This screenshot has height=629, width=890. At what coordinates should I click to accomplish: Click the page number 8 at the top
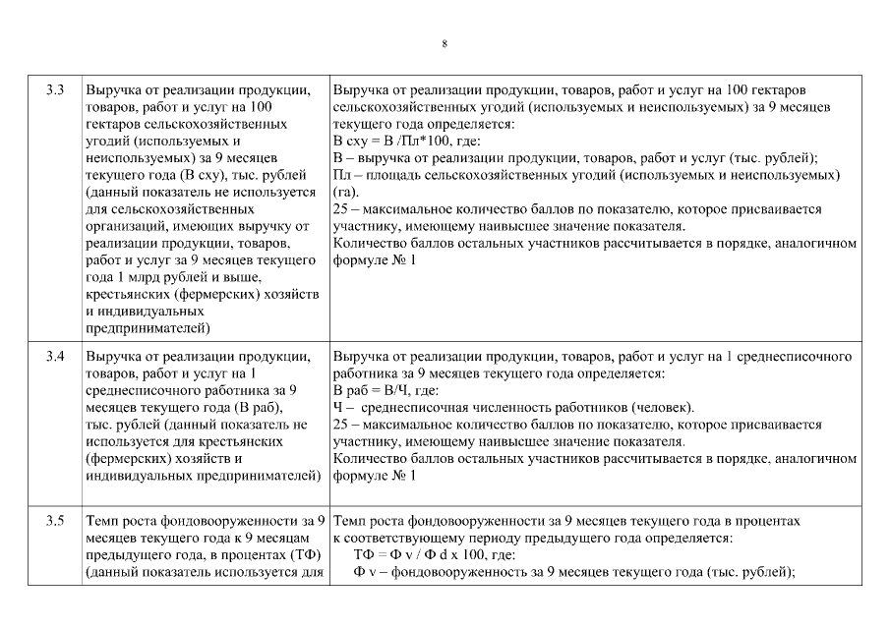(x=445, y=44)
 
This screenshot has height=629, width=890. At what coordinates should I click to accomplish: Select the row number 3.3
(x=55, y=90)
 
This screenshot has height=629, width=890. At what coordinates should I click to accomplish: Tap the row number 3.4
(x=55, y=357)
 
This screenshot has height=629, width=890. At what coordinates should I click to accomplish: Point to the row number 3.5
(x=55, y=521)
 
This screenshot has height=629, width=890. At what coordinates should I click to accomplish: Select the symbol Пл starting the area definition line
(x=342, y=176)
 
